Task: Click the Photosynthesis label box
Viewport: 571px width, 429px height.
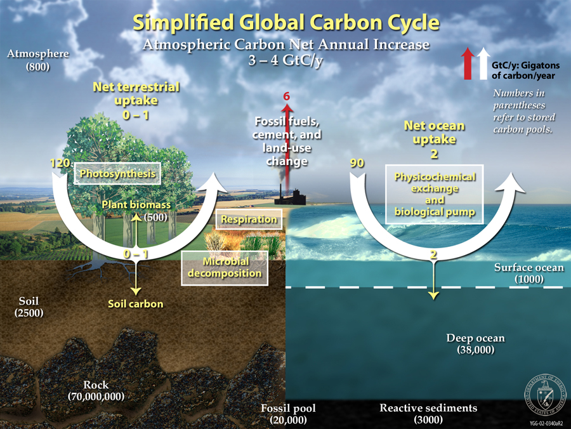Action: click(115, 173)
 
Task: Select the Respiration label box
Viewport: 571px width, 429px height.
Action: click(249, 220)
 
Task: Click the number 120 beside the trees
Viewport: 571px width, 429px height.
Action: click(60, 163)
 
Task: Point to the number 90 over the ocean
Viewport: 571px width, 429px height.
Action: click(357, 163)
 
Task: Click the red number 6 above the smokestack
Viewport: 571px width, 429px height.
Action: click(286, 96)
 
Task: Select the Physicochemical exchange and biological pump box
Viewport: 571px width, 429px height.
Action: click(435, 194)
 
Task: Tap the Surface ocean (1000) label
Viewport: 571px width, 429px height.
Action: click(528, 273)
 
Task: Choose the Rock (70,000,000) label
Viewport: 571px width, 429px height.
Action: click(96, 390)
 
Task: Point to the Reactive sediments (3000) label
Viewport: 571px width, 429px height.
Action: click(428, 413)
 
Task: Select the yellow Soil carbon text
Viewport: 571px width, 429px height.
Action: click(135, 304)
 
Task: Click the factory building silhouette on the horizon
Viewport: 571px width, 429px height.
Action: click(291, 198)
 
